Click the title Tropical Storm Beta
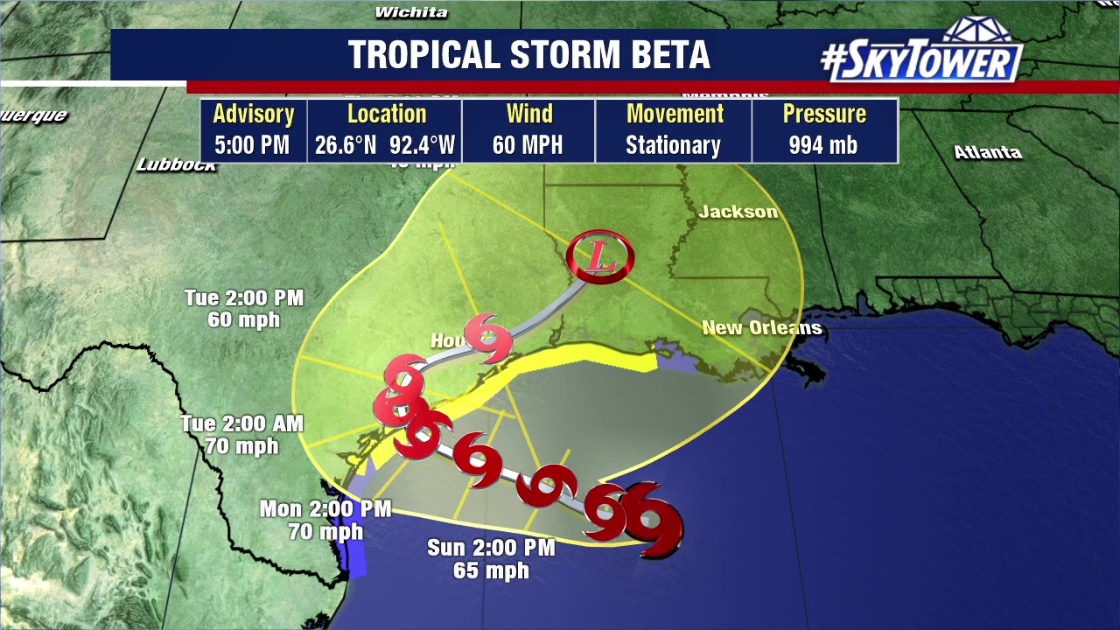[x=528, y=55]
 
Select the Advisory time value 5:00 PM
[x=252, y=145]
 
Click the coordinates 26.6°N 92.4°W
[x=385, y=145]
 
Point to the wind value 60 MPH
[x=528, y=145]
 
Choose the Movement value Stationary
[x=673, y=145]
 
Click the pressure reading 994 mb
[x=823, y=145]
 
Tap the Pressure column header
[x=824, y=114]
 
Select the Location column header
[x=386, y=114]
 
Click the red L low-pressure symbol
[x=599, y=256]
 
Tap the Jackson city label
[x=738, y=212]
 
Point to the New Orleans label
[x=762, y=328]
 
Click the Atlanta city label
[x=988, y=152]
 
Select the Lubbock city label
[x=176, y=164]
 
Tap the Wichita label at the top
[x=411, y=12]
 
